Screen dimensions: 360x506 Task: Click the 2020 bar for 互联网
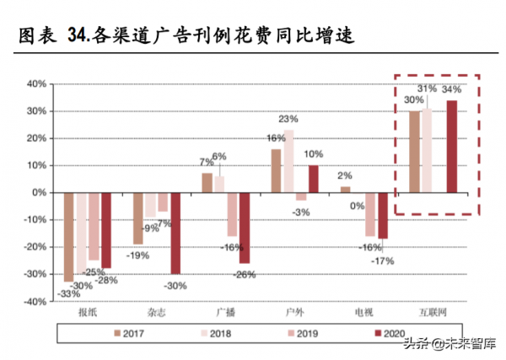[452, 147]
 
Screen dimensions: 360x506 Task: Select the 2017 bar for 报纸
[69, 237]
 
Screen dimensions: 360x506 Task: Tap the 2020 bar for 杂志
[175, 233]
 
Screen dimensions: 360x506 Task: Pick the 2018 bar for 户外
[288, 161]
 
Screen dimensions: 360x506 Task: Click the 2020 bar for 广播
[244, 228]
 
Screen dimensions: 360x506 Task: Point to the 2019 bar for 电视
[369, 213]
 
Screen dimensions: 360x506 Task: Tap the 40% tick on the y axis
[35, 84]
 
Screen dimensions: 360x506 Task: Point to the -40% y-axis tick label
[33, 301]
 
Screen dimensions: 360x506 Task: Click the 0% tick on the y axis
[38, 192]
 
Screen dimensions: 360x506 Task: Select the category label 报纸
[88, 312]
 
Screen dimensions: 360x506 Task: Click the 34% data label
[451, 89]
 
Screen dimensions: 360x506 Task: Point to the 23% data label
[288, 119]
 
